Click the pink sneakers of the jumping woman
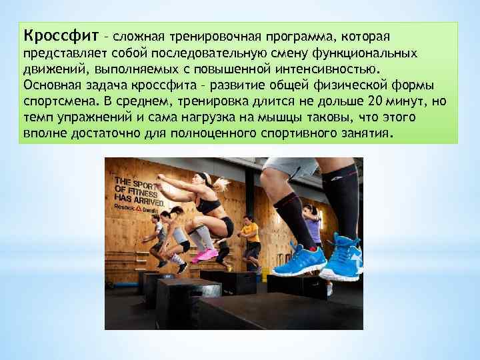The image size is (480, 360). (x=207, y=255)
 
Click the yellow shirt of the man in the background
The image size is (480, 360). (x=251, y=232)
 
